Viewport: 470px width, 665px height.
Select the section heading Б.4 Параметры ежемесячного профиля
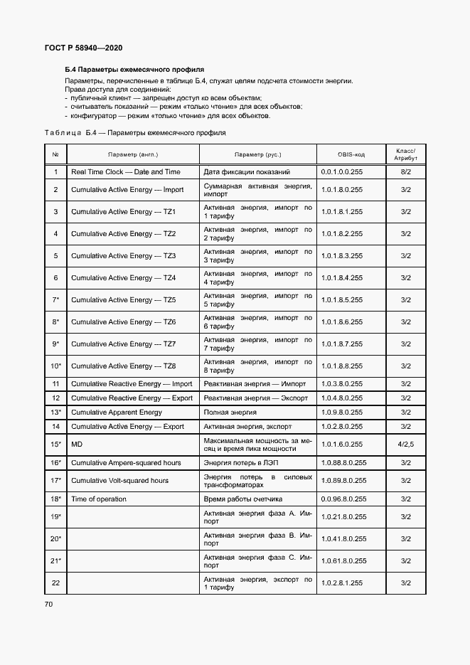[134, 70]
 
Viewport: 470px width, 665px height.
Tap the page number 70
[49, 605]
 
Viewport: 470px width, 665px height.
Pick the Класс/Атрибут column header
[406, 154]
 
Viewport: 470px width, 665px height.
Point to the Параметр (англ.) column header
[133, 154]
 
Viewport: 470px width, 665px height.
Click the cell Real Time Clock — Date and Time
[126, 172]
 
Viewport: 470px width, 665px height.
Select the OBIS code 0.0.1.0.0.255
[342, 172]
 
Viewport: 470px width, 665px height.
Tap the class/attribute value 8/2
[406, 172]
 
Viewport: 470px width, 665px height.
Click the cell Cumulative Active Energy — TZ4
[123, 278]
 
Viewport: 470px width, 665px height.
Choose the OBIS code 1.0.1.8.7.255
[342, 344]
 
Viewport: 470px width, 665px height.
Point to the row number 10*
[55, 366]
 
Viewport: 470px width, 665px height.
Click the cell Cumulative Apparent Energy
[117, 413]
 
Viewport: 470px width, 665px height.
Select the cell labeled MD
[78, 445]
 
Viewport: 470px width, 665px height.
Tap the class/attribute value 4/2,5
[406, 445]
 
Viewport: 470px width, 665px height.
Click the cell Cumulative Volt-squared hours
[120, 481]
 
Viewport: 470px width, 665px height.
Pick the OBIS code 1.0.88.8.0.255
[344, 463]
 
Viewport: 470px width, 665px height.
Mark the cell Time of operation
[99, 499]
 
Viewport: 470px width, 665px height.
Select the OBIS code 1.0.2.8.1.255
[342, 583]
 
